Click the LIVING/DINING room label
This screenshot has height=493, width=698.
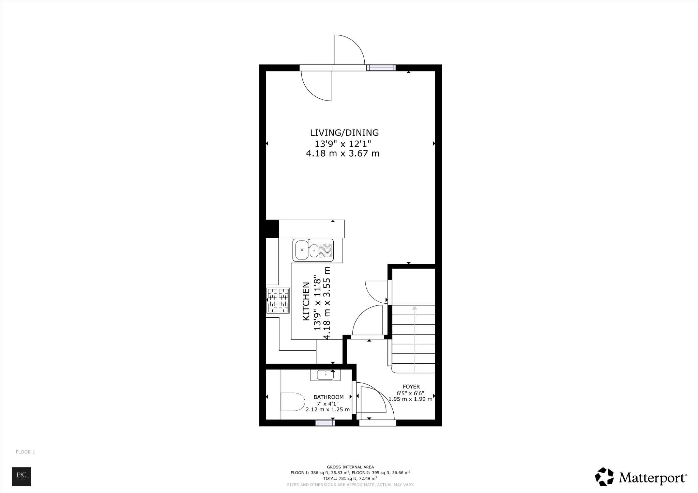(344, 132)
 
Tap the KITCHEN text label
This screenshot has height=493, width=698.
(306, 301)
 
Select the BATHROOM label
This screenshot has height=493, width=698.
(329, 397)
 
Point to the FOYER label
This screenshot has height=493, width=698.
(411, 386)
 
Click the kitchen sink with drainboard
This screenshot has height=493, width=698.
(313, 250)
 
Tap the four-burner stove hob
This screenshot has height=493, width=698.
(278, 300)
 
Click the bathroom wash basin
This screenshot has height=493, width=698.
(325, 375)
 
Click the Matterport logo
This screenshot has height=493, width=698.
(641, 477)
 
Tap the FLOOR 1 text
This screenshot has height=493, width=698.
(25, 452)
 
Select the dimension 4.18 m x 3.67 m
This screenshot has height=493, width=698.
(343, 154)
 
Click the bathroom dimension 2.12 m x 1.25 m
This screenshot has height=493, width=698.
(328, 410)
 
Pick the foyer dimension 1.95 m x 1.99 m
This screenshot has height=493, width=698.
(410, 399)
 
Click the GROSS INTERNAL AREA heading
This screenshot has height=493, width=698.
(350, 467)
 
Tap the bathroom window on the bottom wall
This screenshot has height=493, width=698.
(325, 423)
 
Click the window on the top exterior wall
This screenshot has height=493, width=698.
(381, 68)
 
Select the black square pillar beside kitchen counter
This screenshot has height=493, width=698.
(272, 229)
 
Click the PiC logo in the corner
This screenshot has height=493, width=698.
(21, 476)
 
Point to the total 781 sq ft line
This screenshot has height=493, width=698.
(350, 478)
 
